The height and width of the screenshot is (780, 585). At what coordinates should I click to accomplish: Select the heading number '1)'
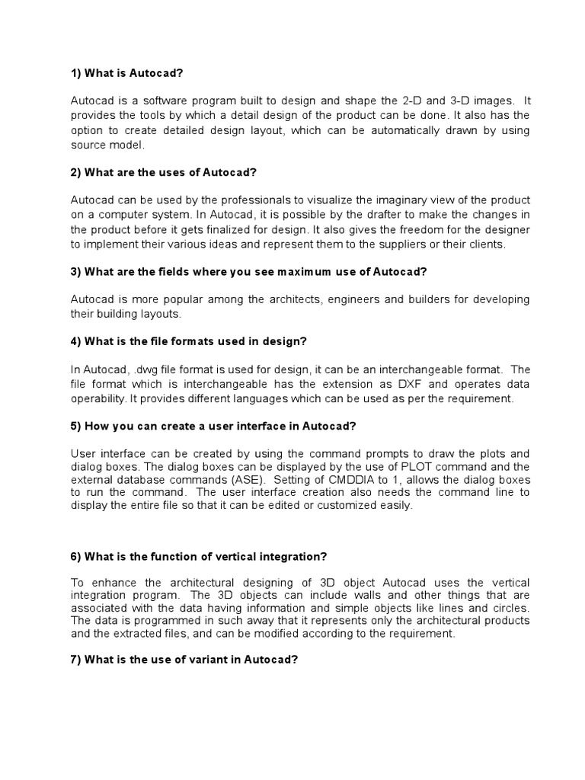click(76, 73)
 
